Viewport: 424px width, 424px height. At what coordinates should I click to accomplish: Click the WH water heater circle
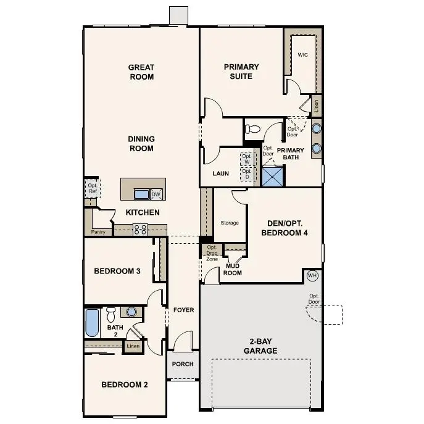pos(312,275)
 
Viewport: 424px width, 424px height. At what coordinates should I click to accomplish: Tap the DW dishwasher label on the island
pos(156,194)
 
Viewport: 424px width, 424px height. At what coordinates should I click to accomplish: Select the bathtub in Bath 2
pos(92,322)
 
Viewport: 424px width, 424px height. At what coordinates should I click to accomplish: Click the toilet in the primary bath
pos(252,130)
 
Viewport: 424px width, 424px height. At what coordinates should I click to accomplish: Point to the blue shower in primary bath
pos(273,176)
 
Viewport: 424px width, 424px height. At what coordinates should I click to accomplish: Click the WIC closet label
pos(302,55)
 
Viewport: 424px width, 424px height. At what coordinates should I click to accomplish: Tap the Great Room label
pos(141,72)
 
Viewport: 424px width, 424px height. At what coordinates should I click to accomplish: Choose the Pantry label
pos(98,232)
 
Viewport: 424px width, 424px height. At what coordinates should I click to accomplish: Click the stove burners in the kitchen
pos(140,230)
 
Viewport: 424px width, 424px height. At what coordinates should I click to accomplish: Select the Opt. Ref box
pos(92,188)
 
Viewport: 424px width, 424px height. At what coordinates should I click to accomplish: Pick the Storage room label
pos(230,223)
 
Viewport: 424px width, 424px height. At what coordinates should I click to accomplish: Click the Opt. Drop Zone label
pos(212,253)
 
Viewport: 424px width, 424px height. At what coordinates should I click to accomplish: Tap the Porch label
pos(183,364)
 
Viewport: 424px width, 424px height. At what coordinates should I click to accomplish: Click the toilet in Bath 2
pos(111,314)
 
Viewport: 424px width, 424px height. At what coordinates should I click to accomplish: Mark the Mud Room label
pos(233,269)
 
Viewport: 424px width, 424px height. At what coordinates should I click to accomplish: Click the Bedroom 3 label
pos(117,271)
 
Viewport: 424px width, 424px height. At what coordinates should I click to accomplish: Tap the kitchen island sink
pos(141,194)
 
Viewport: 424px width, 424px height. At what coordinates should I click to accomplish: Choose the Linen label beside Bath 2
pos(133,346)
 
